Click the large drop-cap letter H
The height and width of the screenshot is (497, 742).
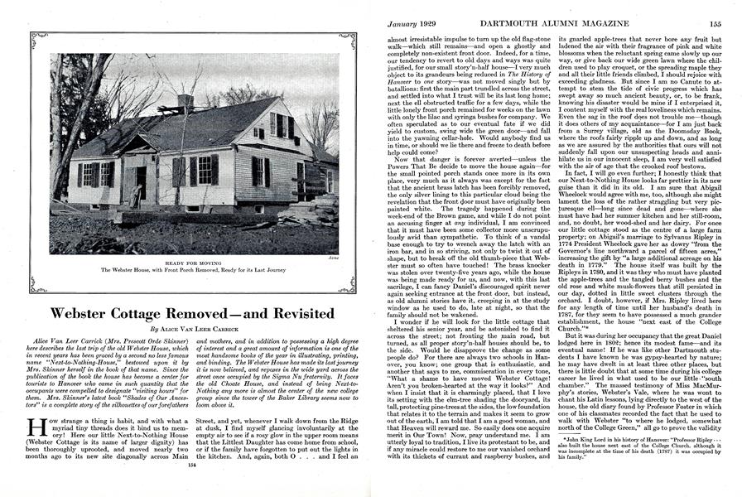coord(36,432)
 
